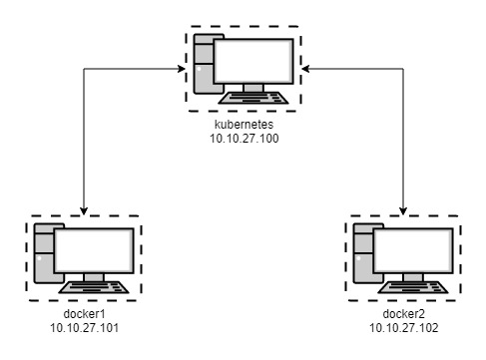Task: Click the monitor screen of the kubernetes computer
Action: point(253,62)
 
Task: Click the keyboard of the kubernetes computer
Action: point(253,100)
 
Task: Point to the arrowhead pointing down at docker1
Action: point(85,206)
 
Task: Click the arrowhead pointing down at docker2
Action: point(405,206)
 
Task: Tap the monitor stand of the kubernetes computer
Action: point(253,88)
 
